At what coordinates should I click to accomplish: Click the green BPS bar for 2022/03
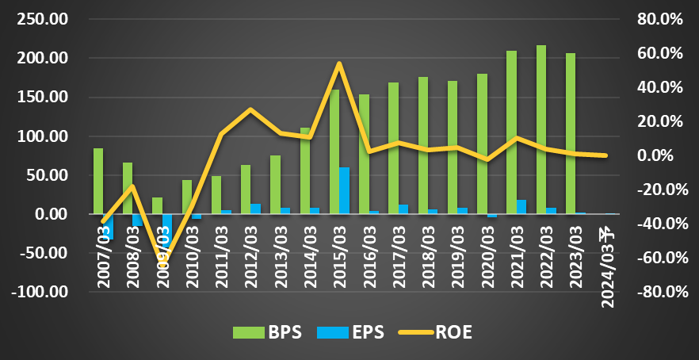tap(541, 130)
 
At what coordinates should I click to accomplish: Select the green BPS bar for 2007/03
tap(98, 182)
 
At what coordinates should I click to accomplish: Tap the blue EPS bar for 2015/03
tap(344, 191)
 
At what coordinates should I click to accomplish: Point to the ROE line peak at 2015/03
tap(339, 63)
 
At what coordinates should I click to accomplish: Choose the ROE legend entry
tap(441, 332)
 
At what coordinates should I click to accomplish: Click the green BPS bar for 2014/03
tap(305, 171)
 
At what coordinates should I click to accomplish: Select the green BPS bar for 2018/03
tap(423, 146)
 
